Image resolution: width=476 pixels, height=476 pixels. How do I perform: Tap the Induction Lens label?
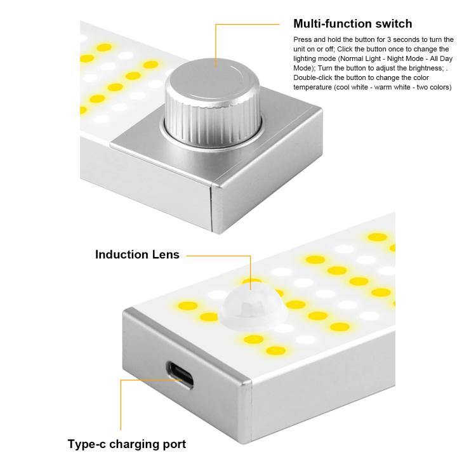coord(137,255)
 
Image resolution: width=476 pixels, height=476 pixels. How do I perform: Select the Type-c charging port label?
coord(126,444)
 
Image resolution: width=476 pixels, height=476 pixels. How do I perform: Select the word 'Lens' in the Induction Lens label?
coord(165,255)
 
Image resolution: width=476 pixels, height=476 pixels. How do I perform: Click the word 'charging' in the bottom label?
coord(136,444)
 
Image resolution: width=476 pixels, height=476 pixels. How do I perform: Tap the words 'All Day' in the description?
coord(440,58)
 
